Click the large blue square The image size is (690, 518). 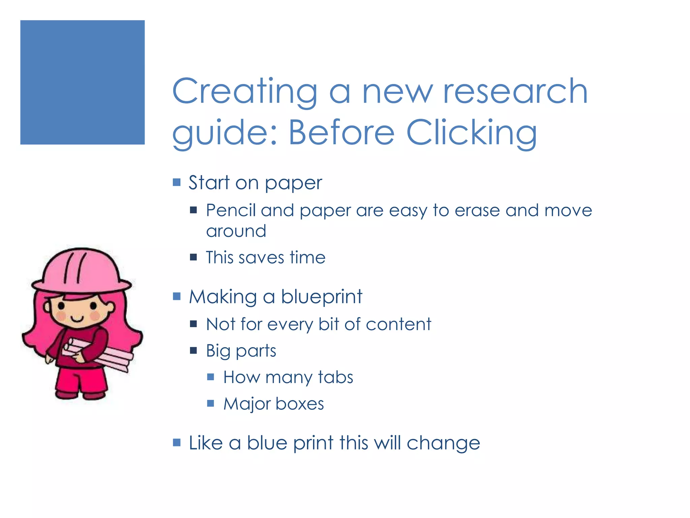pyautogui.click(x=82, y=82)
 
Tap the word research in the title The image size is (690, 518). pyautogui.click(x=515, y=91)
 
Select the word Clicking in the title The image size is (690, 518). pyautogui.click(x=472, y=133)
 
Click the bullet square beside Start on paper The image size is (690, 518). pyautogui.click(x=177, y=182)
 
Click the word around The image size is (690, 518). pyautogui.click(x=236, y=231)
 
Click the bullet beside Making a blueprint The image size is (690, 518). pyautogui.click(x=177, y=296)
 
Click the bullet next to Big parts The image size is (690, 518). pyautogui.click(x=193, y=351)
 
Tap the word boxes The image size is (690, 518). pyautogui.click(x=300, y=404)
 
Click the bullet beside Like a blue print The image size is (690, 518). pyautogui.click(x=177, y=442)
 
